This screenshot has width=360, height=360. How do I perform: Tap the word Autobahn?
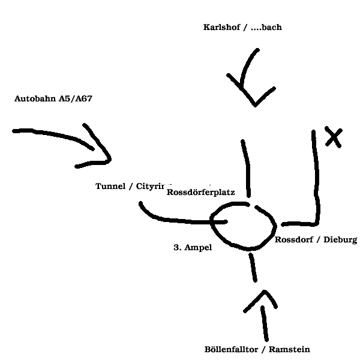click(x=35, y=98)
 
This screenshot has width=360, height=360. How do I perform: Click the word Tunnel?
click(x=111, y=186)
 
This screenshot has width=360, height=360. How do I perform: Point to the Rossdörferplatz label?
click(x=200, y=193)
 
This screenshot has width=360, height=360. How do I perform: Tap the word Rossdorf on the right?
click(x=294, y=240)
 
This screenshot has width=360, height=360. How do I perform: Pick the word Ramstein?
click(x=290, y=349)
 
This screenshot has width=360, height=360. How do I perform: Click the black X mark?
click(x=333, y=138)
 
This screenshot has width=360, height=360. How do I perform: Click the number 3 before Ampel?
click(x=176, y=247)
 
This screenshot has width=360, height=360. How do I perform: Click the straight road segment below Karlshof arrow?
click(x=245, y=168)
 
